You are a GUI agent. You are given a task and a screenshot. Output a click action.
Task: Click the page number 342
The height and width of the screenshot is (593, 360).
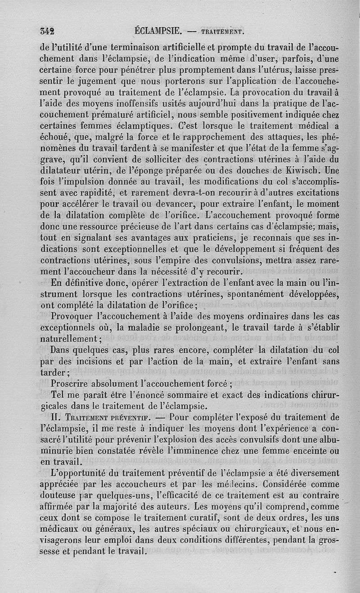pyautogui.click(x=47, y=31)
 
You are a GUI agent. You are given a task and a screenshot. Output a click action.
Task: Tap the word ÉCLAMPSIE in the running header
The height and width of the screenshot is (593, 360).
pyautogui.click(x=157, y=31)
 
